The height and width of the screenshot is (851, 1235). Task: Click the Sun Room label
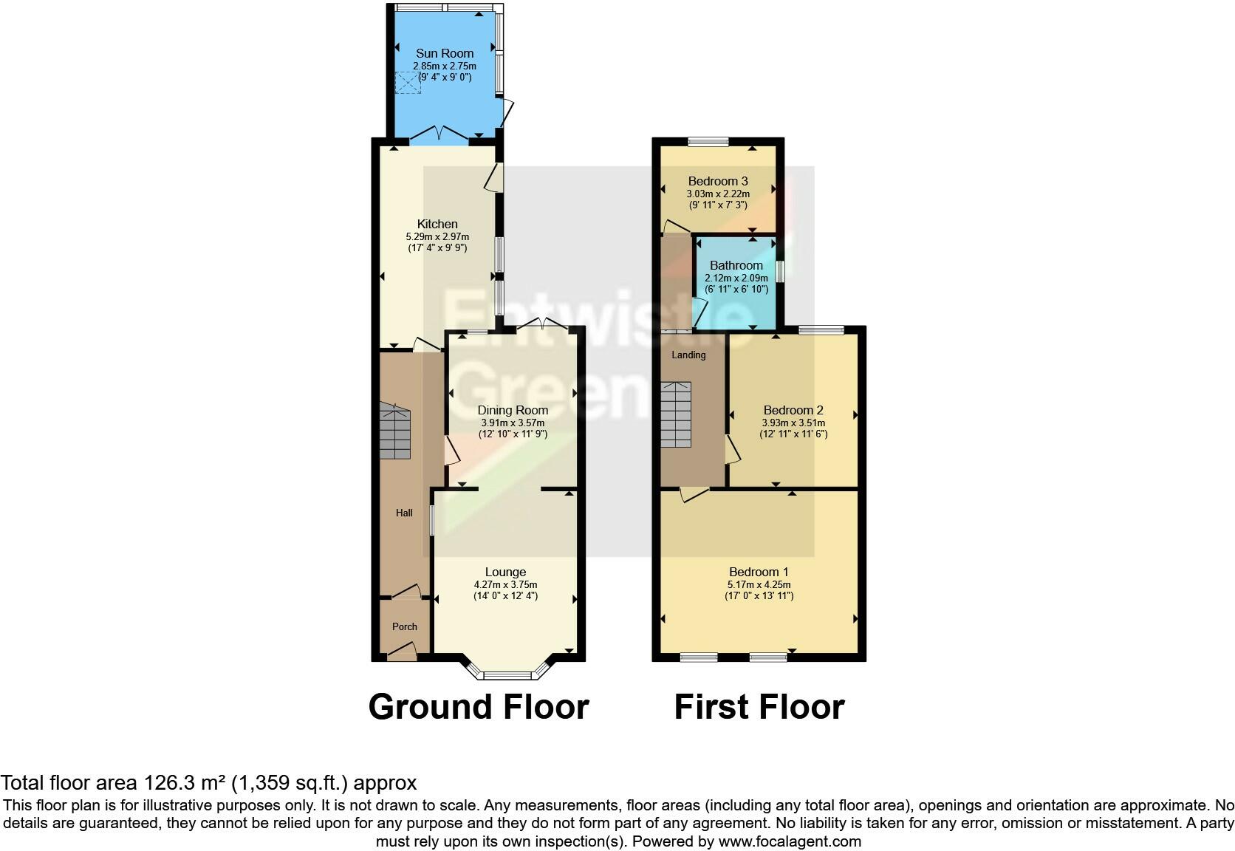[x=445, y=53]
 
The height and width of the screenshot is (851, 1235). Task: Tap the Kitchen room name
[x=437, y=224]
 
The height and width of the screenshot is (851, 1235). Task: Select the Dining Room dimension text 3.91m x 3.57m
[x=513, y=423]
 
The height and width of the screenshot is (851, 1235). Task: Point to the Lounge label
[x=505, y=572]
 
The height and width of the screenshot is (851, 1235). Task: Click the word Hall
[x=404, y=513]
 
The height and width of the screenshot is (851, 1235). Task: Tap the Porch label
[x=405, y=626]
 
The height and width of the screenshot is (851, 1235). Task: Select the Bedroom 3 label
[x=718, y=181]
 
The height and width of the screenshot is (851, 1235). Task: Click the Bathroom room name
[x=736, y=265]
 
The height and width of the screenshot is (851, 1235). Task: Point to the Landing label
[x=688, y=355]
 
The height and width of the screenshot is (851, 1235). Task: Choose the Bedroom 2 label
[x=793, y=410]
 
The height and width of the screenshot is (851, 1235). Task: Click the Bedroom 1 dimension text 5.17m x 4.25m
[x=759, y=584]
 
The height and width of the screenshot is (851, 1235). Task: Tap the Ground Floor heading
[x=479, y=706]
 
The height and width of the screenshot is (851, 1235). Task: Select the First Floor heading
[x=759, y=706]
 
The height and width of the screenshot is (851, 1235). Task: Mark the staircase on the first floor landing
[x=676, y=414]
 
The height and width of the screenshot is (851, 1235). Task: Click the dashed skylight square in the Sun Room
[x=408, y=82]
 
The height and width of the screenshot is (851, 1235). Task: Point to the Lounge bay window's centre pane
[x=507, y=675]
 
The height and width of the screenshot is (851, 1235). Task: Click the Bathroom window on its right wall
[x=780, y=271]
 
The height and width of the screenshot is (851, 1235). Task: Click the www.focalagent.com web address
[x=790, y=841]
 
